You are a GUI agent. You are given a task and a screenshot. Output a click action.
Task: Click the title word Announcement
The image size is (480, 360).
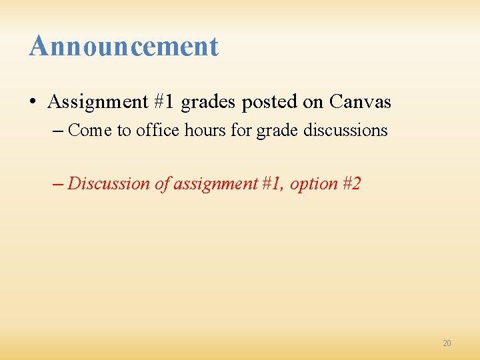[x=123, y=46]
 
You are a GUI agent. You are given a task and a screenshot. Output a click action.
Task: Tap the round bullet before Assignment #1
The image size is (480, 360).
[x=32, y=103]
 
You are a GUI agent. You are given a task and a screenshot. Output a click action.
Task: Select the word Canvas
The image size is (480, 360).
[x=360, y=102]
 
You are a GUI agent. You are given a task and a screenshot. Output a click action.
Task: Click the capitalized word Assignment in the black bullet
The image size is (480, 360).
[x=88, y=102]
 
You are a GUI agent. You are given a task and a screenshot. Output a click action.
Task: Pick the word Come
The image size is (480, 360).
[x=91, y=130]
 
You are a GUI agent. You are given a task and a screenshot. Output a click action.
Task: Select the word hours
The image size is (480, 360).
[x=206, y=130]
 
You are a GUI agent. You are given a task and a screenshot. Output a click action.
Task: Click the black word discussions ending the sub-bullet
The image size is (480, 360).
[x=345, y=130]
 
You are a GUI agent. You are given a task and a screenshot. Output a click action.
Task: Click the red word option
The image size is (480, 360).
[x=314, y=184]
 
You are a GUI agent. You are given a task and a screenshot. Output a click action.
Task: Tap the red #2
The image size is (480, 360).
[x=351, y=183]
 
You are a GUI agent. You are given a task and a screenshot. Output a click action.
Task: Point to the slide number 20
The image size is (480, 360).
[x=447, y=343]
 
